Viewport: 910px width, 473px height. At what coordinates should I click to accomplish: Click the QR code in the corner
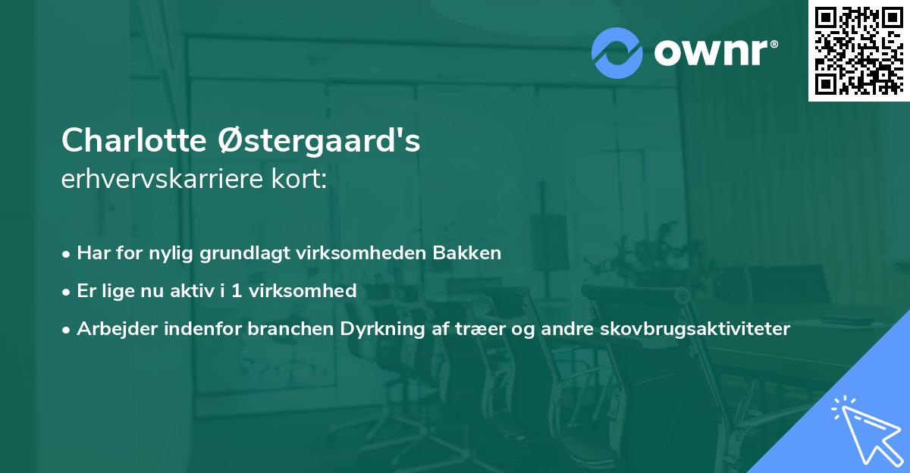(x=858, y=50)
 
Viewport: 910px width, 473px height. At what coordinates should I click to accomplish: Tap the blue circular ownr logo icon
(x=617, y=52)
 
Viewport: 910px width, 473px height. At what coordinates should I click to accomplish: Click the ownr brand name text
(x=714, y=52)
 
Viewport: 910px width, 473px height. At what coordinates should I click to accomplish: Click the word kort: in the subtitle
(x=301, y=180)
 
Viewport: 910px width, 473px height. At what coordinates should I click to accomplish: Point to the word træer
(x=469, y=328)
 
